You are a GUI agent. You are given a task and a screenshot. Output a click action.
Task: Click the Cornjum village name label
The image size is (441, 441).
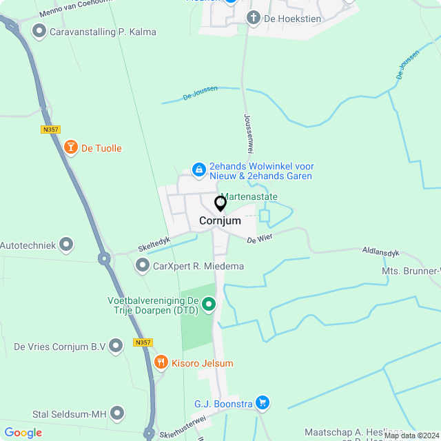pyautogui.click(x=220, y=221)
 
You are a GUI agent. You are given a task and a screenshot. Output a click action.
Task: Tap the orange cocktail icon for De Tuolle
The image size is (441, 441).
pyautogui.click(x=70, y=147)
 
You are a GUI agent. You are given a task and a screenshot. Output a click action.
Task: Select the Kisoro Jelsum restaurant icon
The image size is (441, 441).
pyautogui.click(x=161, y=362)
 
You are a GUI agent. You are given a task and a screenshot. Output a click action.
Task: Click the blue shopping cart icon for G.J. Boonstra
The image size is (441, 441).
pyautogui.click(x=262, y=402)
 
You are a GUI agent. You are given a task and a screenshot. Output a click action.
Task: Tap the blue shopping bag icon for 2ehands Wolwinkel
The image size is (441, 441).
pyautogui.click(x=198, y=169)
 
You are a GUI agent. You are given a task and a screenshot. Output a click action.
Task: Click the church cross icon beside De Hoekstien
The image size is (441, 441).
pyautogui.click(x=254, y=18)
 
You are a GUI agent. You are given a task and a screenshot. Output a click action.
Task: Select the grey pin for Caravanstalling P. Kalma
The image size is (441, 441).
pyautogui.click(x=39, y=31)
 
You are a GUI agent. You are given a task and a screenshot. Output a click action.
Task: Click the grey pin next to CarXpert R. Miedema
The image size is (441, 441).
pyautogui.click(x=142, y=265)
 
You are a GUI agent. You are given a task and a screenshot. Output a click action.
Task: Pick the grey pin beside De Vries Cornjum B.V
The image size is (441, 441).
pyautogui.click(x=116, y=346)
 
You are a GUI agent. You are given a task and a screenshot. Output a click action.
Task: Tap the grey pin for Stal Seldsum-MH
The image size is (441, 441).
pyautogui.click(x=118, y=413)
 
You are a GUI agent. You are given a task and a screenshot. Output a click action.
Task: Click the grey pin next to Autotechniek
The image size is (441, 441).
pyautogui.click(x=66, y=244)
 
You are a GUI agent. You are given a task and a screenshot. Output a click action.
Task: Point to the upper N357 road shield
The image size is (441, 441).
pyautogui.click(x=50, y=129)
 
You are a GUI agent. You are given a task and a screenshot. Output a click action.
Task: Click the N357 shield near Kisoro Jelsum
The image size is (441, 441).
pyautogui.click(x=143, y=342)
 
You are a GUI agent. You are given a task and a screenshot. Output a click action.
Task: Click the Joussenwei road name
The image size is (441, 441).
pyautogui.click(x=248, y=133)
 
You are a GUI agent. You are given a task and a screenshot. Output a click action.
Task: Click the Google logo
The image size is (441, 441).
pyautogui.click(x=23, y=433)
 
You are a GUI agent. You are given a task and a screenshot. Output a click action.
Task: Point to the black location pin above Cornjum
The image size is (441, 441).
pyautogui.click(x=220, y=204)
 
